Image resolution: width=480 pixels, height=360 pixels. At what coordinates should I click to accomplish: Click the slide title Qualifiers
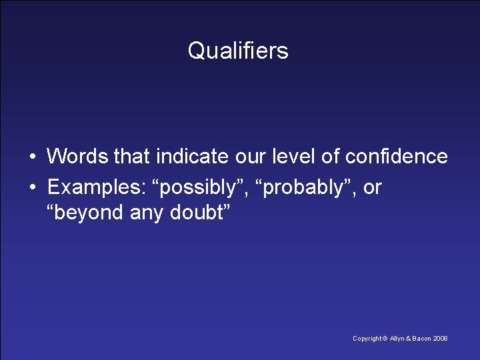[238, 51]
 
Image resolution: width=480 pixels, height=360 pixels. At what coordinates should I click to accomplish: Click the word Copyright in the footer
[367, 339]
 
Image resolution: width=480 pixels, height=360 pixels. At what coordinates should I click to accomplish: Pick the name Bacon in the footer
[421, 339]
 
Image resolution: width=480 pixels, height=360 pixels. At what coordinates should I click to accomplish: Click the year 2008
[441, 339]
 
